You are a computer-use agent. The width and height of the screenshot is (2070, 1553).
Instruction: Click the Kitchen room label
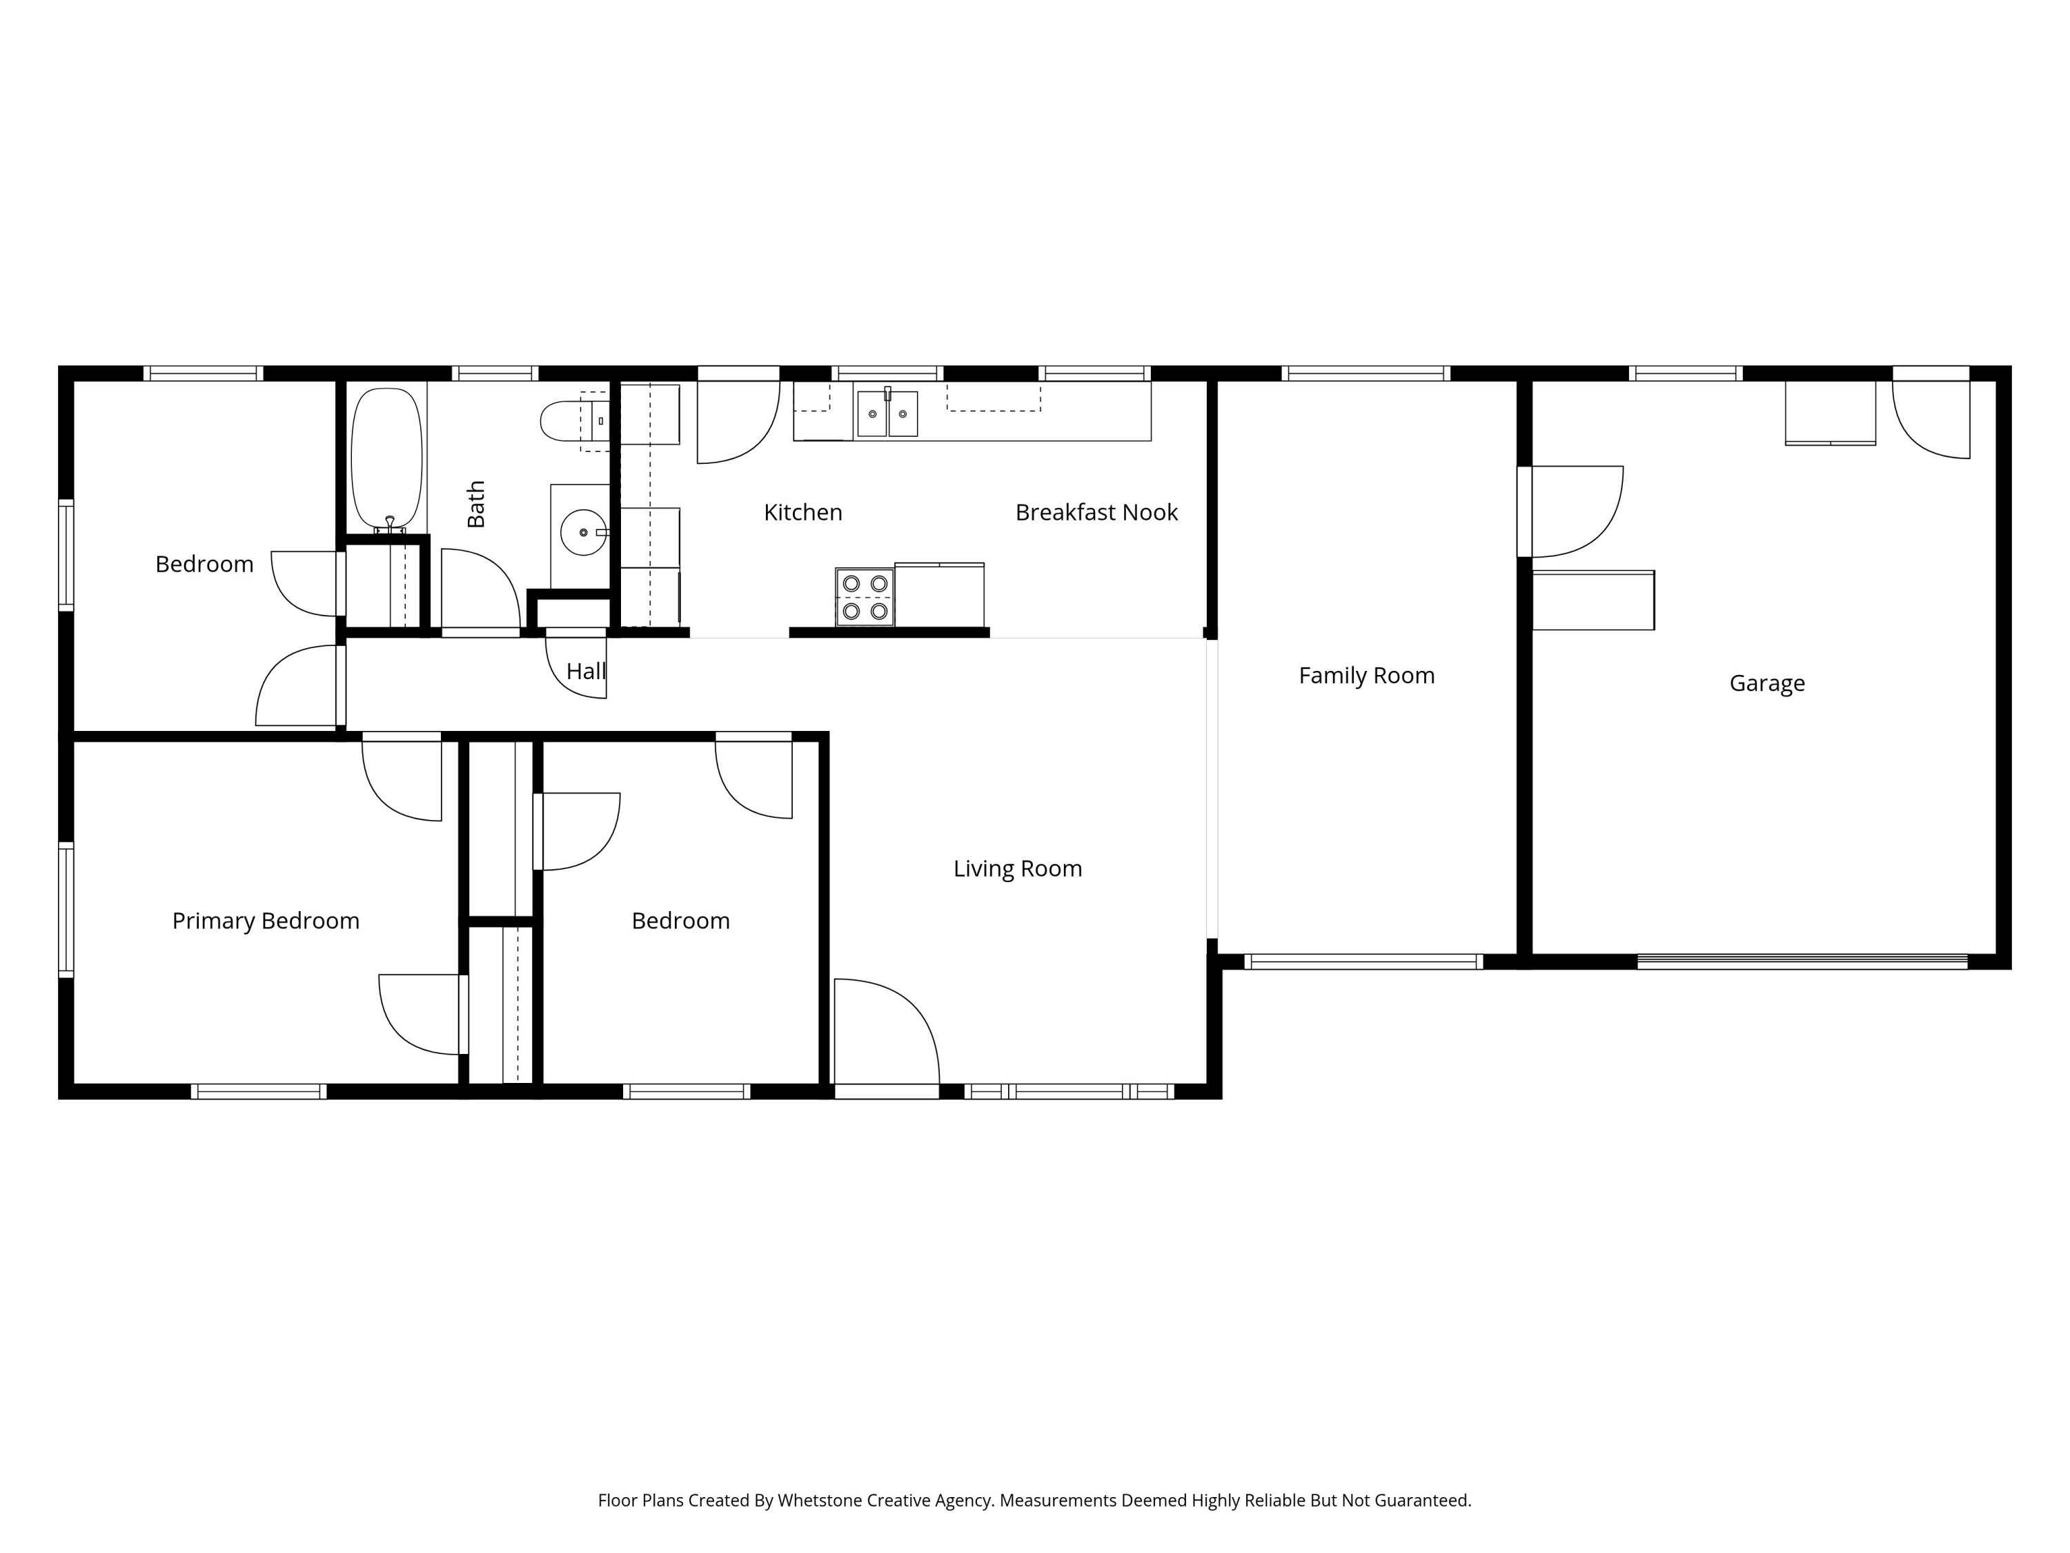point(803,512)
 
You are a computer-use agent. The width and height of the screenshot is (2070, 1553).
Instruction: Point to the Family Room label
point(1366,675)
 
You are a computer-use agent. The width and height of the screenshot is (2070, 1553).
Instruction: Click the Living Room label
point(1017,869)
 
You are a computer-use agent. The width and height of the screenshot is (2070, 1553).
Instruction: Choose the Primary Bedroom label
point(266,921)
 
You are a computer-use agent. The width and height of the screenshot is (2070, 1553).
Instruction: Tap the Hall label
point(586,671)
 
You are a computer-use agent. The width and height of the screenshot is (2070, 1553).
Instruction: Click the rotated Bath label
point(476,504)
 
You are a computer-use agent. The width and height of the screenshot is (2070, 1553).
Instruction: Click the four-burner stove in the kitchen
point(865,597)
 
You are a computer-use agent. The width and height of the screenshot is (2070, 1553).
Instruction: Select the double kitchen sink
point(887,413)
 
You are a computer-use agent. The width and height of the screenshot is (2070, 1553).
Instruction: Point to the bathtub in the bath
point(386,459)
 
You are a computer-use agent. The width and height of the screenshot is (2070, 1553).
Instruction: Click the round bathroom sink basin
point(584,531)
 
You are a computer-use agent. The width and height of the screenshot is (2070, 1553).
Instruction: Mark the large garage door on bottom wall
point(1802,961)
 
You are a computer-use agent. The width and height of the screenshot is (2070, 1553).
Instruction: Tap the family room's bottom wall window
point(1363,961)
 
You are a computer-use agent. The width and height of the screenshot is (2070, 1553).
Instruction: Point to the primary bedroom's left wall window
point(66,909)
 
